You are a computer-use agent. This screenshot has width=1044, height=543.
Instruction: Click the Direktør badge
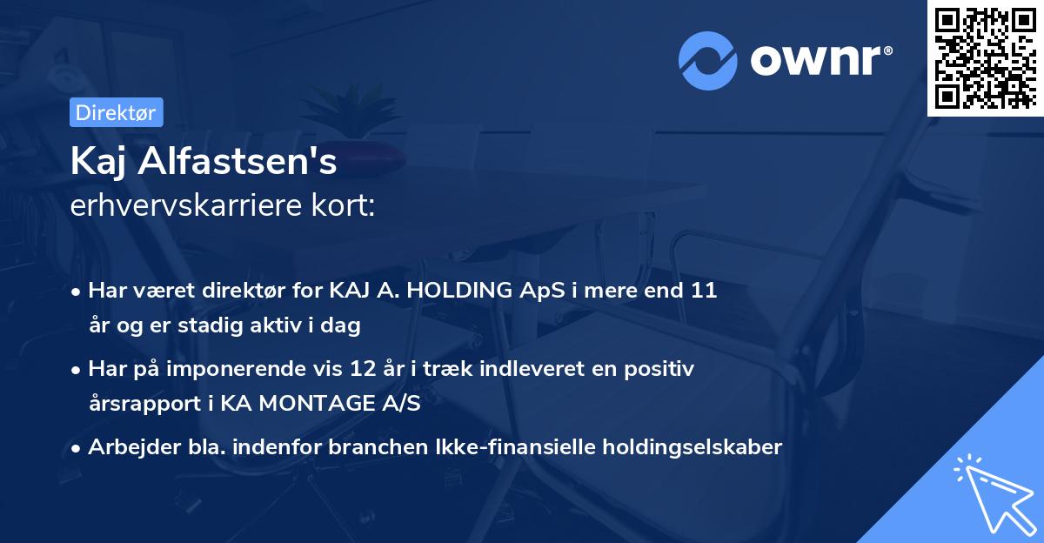[117, 112]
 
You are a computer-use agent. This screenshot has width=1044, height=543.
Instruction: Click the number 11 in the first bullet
[704, 290]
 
